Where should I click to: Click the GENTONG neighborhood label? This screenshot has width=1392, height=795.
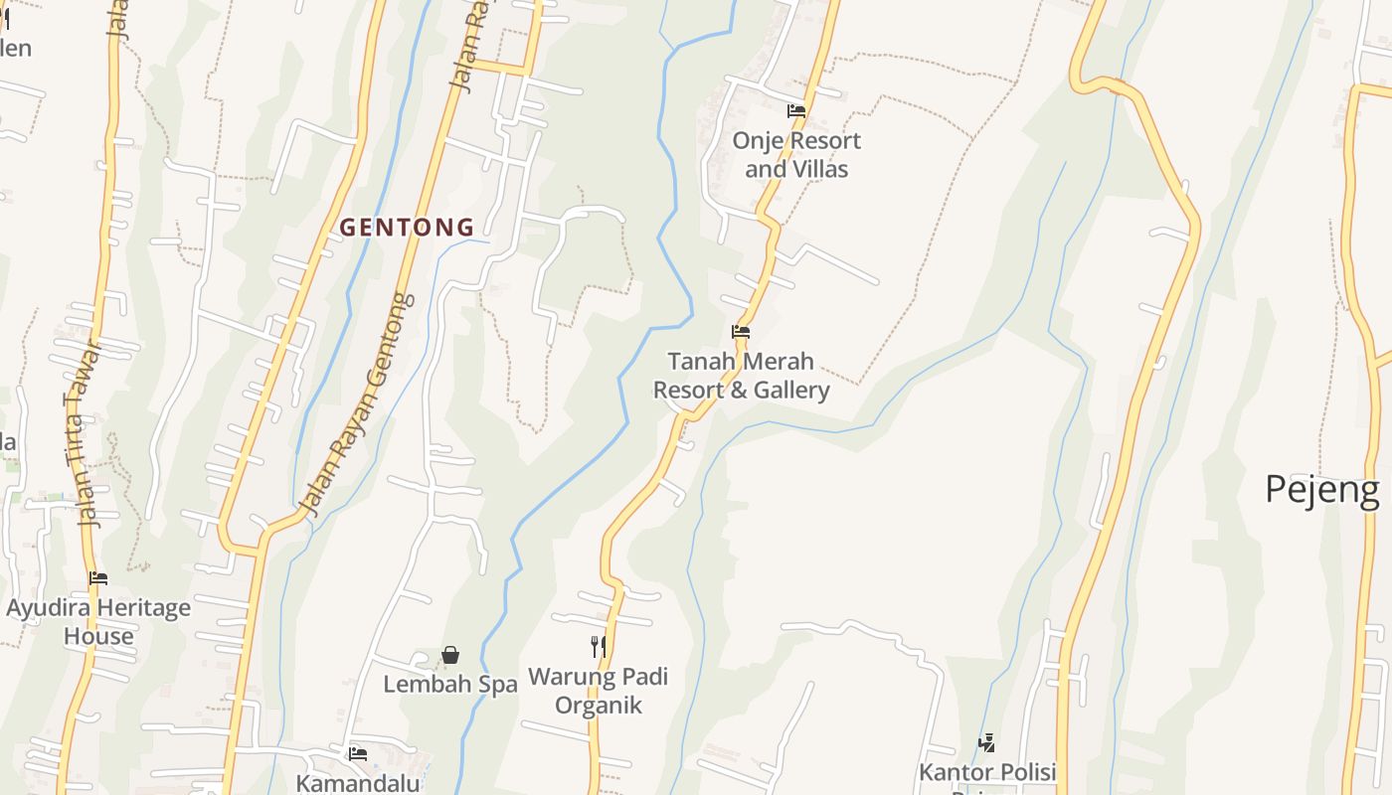click(407, 228)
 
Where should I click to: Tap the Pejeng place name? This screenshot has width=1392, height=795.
click(1321, 490)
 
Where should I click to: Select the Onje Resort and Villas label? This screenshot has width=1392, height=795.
click(796, 155)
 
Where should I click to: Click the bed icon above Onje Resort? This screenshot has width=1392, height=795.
click(796, 111)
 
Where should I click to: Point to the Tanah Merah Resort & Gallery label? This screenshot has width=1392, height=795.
click(741, 376)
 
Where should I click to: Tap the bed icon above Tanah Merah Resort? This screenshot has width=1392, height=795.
click(740, 332)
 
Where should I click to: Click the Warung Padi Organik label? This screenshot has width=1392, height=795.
click(598, 691)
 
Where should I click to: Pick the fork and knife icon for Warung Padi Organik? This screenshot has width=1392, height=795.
click(599, 647)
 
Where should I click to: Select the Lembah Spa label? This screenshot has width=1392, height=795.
click(450, 685)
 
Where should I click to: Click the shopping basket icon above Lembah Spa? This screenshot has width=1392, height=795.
click(450, 655)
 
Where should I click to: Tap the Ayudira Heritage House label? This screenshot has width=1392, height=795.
click(98, 622)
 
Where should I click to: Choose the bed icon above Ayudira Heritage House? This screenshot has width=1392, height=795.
click(97, 577)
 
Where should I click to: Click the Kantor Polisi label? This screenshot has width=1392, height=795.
click(986, 772)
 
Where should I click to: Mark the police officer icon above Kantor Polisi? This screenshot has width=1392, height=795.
click(986, 742)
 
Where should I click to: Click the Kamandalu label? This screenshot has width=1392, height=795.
click(358, 783)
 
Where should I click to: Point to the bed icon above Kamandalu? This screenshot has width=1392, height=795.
click(358, 754)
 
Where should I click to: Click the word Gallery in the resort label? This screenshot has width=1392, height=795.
click(791, 390)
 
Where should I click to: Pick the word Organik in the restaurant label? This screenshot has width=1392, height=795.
click(598, 706)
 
